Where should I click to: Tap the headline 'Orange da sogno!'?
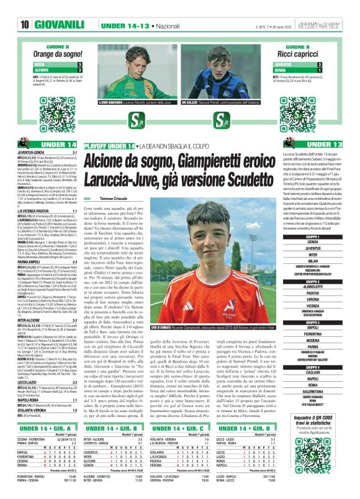pos(55,55)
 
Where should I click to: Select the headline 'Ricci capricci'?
pos(305,55)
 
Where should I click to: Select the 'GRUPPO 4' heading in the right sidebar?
pos(313,367)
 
